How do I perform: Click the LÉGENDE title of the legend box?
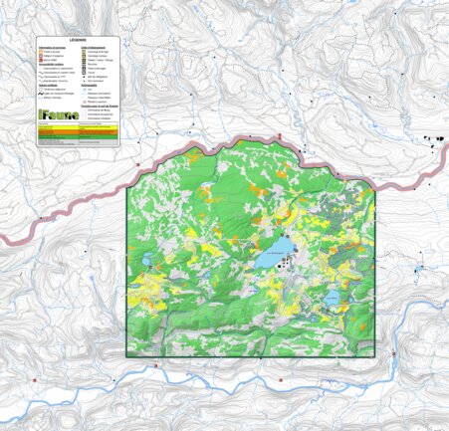tap(78, 42)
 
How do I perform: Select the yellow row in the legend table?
tap(78, 127)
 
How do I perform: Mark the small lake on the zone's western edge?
tap(147, 261)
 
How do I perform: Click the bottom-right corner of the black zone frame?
tap(376, 356)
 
